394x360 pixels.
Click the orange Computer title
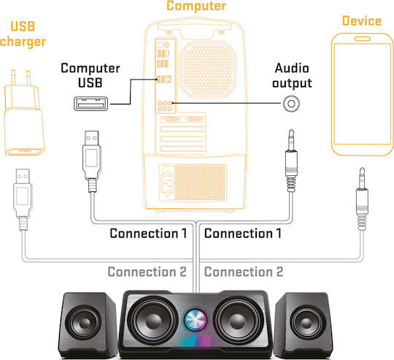196,6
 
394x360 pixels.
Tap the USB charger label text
23,34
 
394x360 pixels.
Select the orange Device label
362,21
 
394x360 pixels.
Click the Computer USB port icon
91,104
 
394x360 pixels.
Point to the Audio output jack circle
291,103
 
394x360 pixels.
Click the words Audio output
292,76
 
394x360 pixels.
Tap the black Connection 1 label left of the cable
148,233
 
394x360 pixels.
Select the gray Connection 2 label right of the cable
244,272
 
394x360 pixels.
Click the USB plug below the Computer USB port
92,161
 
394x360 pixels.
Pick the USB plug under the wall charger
23,199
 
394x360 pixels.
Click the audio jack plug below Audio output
291,161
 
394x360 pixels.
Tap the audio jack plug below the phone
362,199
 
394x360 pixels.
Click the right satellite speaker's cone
306,323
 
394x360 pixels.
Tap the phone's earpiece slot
362,39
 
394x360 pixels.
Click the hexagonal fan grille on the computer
208,69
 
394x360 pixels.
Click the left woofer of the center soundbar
152,321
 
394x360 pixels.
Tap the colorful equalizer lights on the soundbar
196,341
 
